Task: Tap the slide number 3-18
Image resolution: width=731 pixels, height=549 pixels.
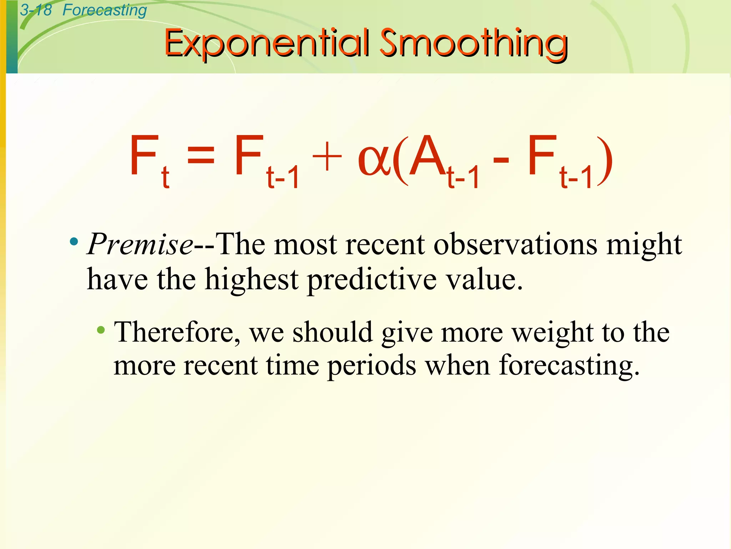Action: (36, 10)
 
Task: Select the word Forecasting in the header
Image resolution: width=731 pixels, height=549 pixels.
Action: (105, 10)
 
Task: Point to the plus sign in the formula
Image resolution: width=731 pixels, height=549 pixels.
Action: (327, 158)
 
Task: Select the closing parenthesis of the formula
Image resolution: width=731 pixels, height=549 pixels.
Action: (606, 162)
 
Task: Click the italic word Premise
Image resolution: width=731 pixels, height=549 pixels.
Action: (140, 244)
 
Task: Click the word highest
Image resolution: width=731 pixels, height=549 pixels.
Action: (251, 279)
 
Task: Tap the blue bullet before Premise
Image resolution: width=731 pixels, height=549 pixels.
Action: (74, 242)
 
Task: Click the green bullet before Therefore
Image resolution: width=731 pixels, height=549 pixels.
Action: (101, 330)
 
